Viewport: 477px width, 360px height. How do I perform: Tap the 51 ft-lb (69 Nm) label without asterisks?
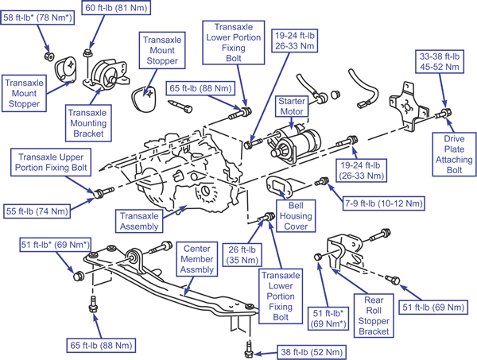[436, 307]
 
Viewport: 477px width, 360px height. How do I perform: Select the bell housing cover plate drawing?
[278, 189]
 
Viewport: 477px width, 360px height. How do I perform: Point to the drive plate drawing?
[410, 112]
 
